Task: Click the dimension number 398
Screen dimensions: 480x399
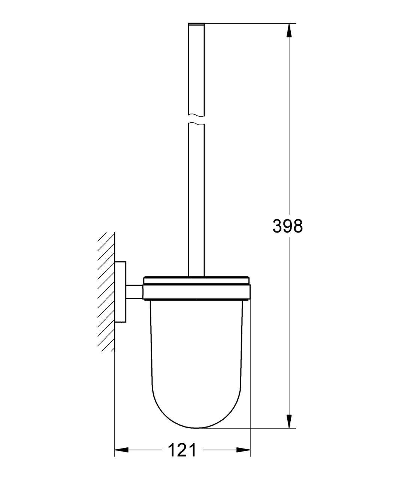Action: pyautogui.click(x=287, y=226)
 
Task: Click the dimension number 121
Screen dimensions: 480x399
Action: pyautogui.click(x=182, y=450)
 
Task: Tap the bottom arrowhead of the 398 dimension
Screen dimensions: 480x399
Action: pyautogui.click(x=288, y=421)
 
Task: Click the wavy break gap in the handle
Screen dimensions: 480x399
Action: pyautogui.click(x=196, y=118)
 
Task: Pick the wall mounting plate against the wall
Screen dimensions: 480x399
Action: pyautogui.click(x=120, y=292)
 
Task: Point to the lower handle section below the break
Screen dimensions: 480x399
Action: pyautogui.click(x=196, y=199)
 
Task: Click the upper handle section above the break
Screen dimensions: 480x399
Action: pyautogui.click(x=196, y=67)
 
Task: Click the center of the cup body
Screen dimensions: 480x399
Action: pyautogui.click(x=196, y=356)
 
